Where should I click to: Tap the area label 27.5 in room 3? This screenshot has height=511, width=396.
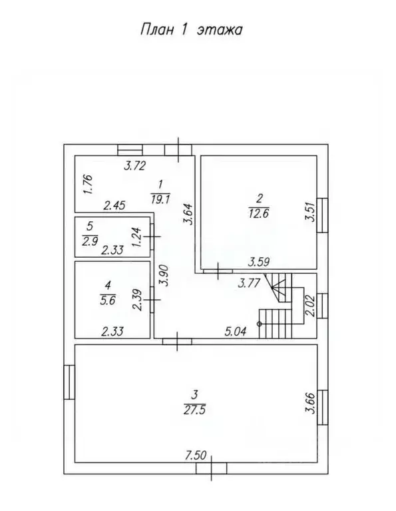[x=198, y=409]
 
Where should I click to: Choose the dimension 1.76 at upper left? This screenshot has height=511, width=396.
[x=87, y=183]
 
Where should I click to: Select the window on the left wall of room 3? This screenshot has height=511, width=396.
[x=69, y=384]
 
